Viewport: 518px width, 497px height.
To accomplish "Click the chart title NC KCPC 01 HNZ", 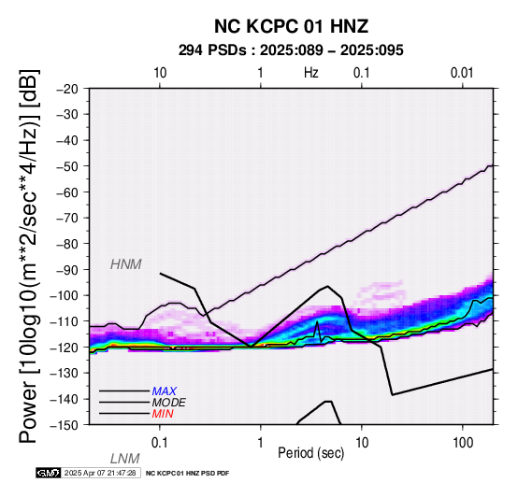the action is [291, 26].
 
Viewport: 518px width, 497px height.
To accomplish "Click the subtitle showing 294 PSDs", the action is [291, 50].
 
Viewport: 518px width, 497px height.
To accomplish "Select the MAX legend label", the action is [165, 391].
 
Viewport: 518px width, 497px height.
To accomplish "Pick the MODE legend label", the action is [169, 403].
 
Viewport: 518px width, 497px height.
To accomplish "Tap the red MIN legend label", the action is [163, 414].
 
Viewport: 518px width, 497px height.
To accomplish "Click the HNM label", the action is [126, 264].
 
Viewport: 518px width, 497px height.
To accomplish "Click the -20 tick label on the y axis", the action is [67, 89].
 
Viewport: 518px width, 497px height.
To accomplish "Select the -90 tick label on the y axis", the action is [67, 270].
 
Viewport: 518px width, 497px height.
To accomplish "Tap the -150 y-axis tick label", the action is [65, 425].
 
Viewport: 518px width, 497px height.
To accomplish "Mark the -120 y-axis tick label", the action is [65, 348].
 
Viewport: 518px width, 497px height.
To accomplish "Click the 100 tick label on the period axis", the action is [463, 443].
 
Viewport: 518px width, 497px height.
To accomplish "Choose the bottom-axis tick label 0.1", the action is [160, 443].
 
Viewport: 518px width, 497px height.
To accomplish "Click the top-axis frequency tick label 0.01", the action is [462, 73].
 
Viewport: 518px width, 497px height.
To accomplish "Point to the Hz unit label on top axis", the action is [310, 73].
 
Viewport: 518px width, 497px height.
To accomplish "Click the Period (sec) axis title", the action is [310, 453].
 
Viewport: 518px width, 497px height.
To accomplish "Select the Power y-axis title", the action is [29, 256].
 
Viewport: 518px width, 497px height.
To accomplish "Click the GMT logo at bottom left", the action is [49, 473].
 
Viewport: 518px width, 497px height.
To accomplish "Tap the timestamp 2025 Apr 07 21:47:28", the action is [100, 473].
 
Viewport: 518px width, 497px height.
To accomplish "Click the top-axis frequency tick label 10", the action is [160, 73].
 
